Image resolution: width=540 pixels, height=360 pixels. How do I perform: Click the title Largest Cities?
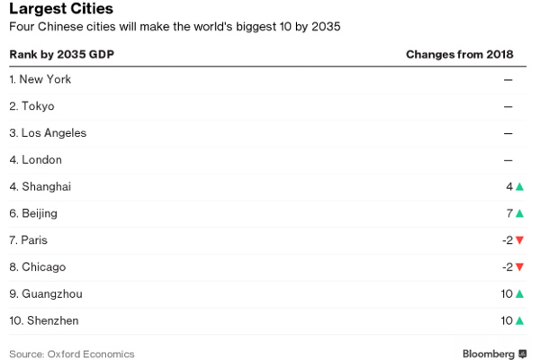click(61, 10)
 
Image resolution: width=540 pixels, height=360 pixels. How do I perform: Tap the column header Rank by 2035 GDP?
click(61, 55)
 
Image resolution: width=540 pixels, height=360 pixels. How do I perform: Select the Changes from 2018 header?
click(459, 55)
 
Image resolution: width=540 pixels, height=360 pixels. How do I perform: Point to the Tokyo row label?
click(31, 106)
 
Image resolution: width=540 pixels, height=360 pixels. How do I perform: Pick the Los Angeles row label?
click(48, 133)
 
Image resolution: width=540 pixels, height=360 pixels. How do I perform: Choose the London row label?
click(35, 159)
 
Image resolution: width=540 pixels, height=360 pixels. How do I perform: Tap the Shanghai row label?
click(40, 186)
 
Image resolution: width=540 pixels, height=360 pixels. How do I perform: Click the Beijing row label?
click(33, 213)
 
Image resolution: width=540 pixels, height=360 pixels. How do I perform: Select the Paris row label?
click(29, 240)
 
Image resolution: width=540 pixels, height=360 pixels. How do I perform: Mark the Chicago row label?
click(37, 267)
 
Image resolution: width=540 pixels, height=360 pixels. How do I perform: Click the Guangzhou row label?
click(46, 293)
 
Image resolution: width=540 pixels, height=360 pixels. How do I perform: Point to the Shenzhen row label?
click(44, 320)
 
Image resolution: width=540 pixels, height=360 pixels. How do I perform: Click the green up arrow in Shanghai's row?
click(519, 186)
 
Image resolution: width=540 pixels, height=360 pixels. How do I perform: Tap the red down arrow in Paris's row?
click(519, 240)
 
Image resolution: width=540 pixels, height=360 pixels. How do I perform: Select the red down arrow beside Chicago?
click(519, 267)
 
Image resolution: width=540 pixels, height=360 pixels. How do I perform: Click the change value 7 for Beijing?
click(509, 213)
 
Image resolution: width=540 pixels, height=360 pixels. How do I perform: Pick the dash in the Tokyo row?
click(508, 106)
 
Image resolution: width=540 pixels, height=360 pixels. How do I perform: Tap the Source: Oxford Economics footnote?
click(71, 354)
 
